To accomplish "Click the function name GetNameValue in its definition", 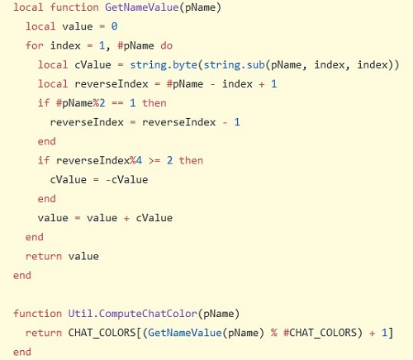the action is click(x=142, y=7).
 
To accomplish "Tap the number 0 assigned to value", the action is click(x=114, y=26).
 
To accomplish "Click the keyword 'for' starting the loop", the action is click(x=35, y=45).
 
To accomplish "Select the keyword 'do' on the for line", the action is click(x=166, y=45).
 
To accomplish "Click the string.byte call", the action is click(x=164, y=65).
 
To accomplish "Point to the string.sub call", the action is click(x=234, y=65).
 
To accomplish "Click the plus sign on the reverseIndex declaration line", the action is click(x=262, y=84).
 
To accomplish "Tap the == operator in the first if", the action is click(x=117, y=103).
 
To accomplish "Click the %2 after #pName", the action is click(x=99, y=103).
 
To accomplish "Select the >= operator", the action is click(x=154, y=161).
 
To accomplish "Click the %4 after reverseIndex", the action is click(x=135, y=160).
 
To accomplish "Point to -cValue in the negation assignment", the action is click(x=127, y=180).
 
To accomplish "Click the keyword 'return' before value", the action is click(x=44, y=257).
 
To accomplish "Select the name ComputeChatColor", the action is click(x=148, y=314).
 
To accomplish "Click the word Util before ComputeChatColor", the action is click(x=80, y=314).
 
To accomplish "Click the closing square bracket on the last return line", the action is click(x=390, y=333).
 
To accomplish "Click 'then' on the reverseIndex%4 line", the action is click(x=191, y=160).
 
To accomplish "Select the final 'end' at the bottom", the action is click(x=22, y=352).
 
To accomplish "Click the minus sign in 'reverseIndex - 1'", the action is click(x=225, y=122).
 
